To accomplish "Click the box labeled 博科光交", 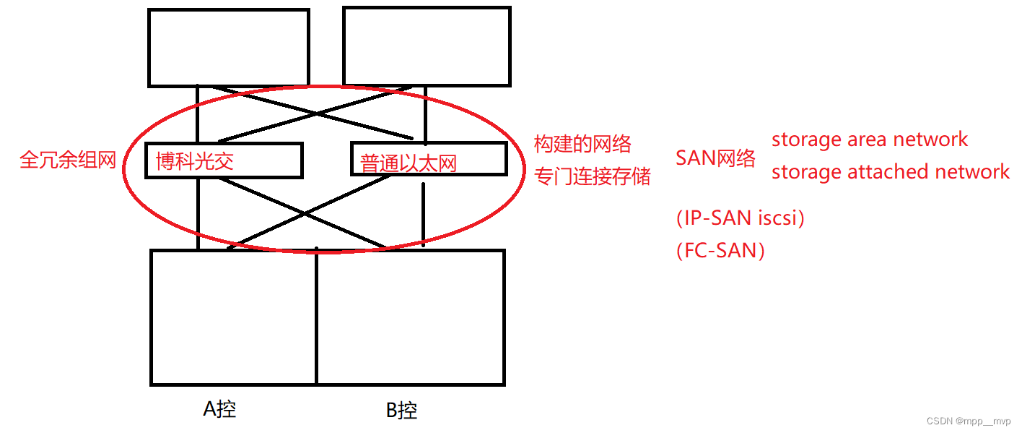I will click(x=223, y=160).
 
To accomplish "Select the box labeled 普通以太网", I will click(x=428, y=159).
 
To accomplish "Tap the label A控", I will click(x=219, y=409).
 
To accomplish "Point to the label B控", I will click(x=401, y=411).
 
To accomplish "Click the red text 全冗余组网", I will click(x=68, y=160).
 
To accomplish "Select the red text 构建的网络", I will click(x=582, y=144).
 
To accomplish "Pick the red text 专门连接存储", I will click(x=592, y=176).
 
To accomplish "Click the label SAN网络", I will click(x=715, y=158).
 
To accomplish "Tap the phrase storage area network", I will click(x=870, y=139).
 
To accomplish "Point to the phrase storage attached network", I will click(x=891, y=171).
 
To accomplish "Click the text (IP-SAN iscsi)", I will click(x=740, y=218).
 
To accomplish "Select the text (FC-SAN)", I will click(x=720, y=251).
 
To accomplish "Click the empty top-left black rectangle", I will click(x=228, y=48).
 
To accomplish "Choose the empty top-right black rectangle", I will click(x=427, y=46).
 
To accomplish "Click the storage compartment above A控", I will click(x=234, y=317).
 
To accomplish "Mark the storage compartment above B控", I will click(x=410, y=317).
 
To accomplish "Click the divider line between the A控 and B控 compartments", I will click(x=316, y=318).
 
